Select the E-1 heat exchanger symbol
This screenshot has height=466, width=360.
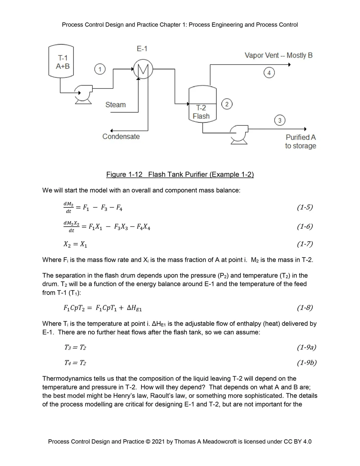click(143, 69)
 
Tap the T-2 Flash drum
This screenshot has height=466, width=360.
click(202, 104)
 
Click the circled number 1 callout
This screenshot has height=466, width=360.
click(100, 69)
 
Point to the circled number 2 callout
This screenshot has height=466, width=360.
click(227, 104)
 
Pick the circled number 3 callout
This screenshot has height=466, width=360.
click(280, 120)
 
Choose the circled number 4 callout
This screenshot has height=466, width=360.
click(269, 73)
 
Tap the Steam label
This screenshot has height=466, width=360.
click(116, 105)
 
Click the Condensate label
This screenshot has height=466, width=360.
click(121, 136)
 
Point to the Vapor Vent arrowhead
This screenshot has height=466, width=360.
click(289, 64)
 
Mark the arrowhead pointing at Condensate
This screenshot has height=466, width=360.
click(112, 130)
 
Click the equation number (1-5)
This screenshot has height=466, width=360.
click(305, 207)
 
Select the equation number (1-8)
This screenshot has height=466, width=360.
click(305, 308)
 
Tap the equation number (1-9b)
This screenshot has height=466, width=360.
click(306, 363)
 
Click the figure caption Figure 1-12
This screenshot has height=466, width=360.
click(180, 175)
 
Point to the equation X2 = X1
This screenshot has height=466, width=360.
click(75, 244)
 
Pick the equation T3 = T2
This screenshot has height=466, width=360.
click(75, 348)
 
